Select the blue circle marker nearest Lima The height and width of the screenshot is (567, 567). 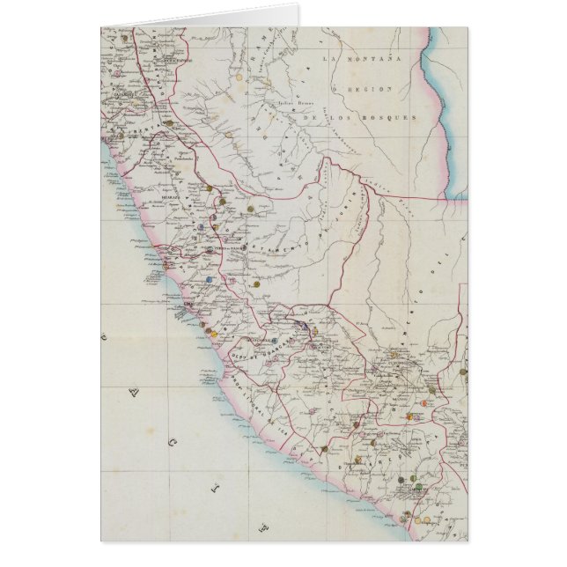tap(210, 279)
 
